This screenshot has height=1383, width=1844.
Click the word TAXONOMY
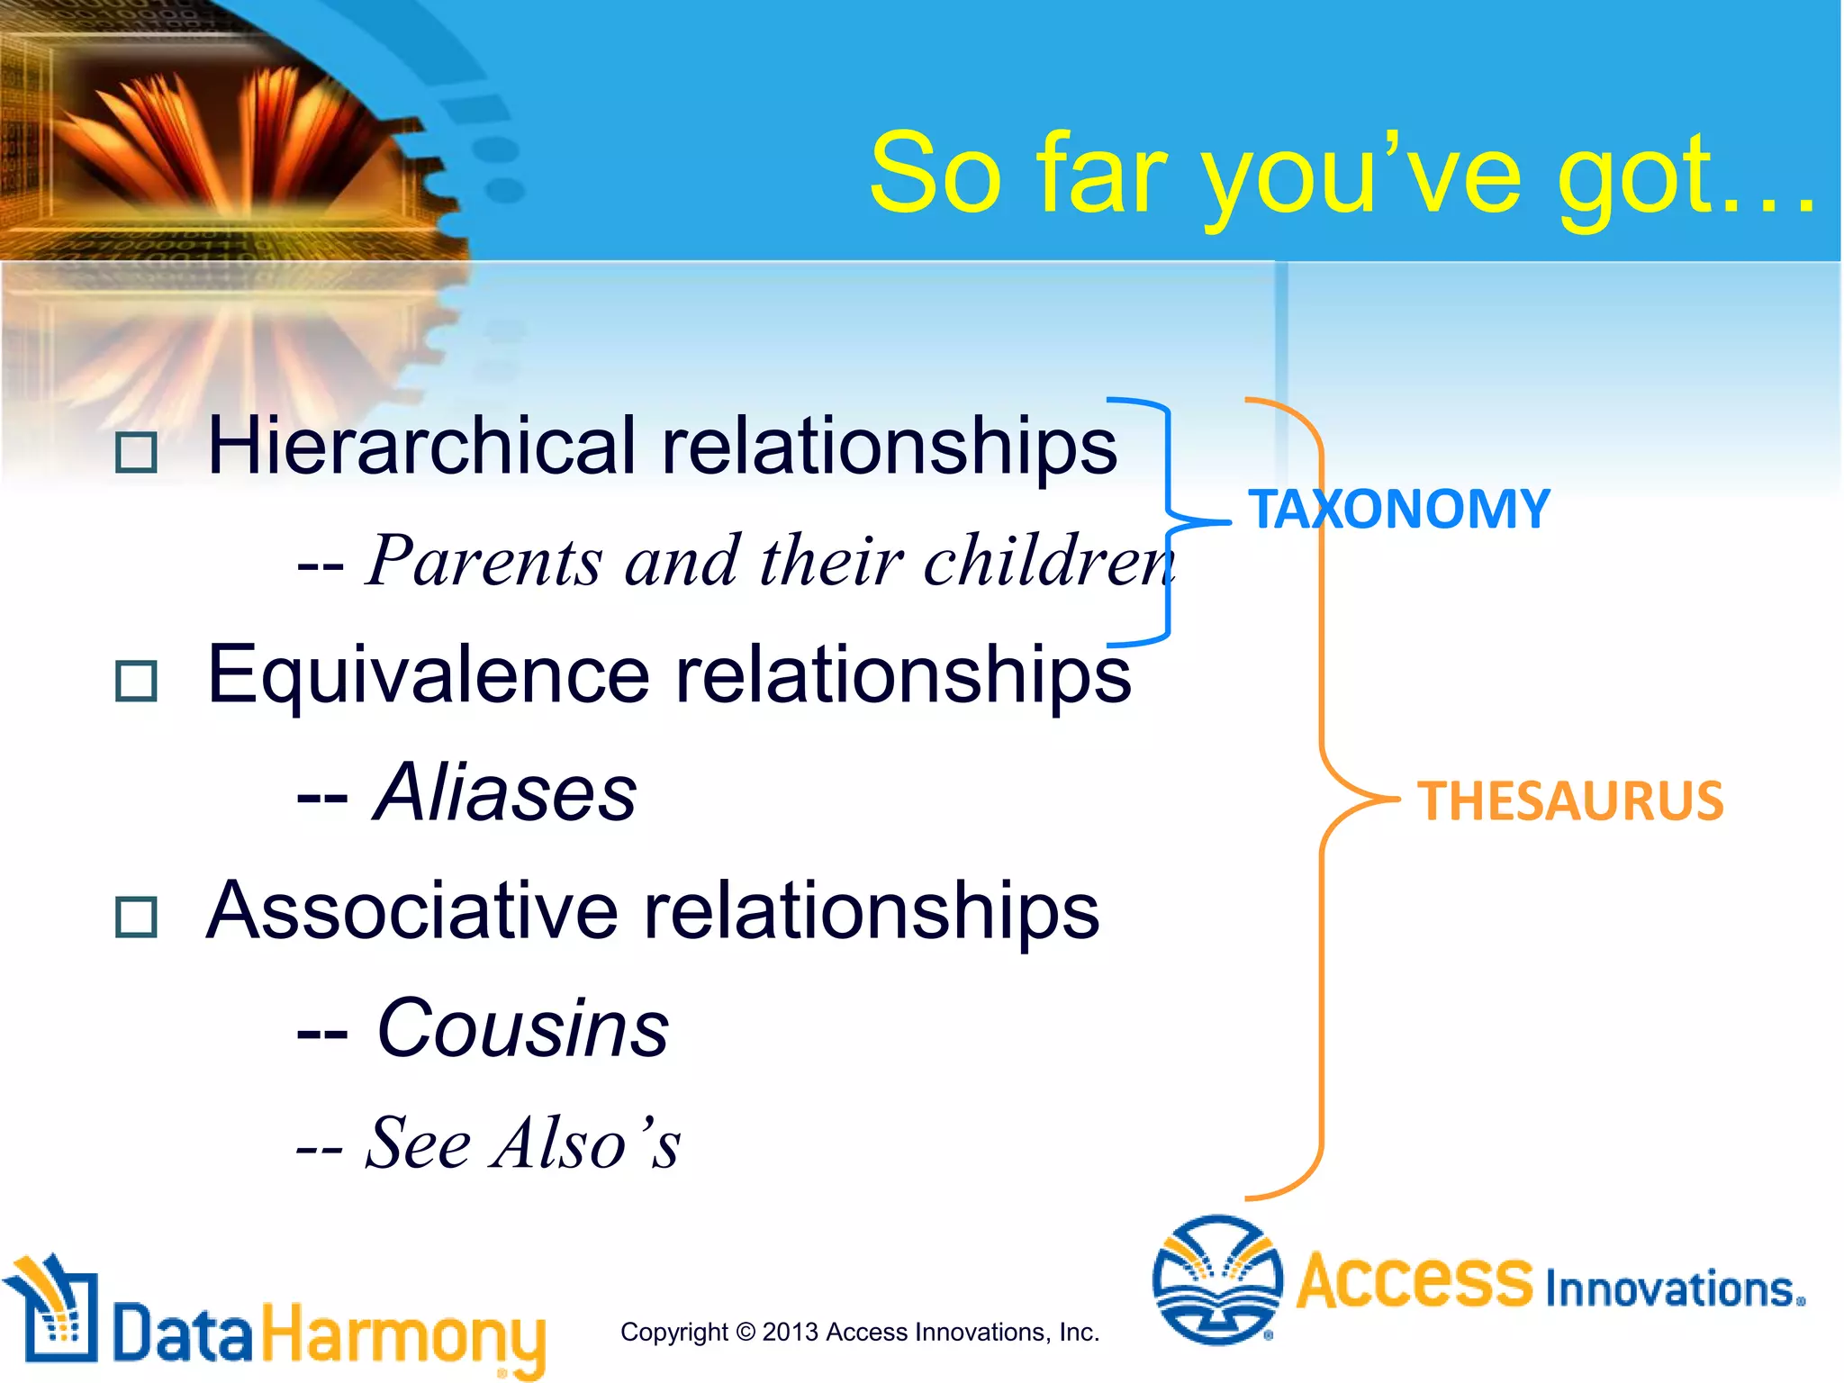coord(1398,510)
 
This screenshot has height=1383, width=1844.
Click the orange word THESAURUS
coord(1570,801)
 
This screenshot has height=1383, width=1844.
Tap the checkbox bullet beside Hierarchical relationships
coord(137,452)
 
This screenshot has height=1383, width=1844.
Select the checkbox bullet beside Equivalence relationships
coord(137,681)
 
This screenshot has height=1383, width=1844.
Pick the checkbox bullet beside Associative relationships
coord(137,917)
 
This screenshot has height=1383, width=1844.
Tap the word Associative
coord(412,911)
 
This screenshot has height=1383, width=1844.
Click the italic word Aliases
coord(506,793)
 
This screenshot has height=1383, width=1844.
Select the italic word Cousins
coord(523,1029)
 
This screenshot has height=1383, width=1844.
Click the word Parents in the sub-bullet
coord(484,562)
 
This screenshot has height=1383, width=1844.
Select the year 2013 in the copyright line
coord(790,1332)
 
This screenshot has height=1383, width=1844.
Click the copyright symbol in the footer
coord(745,1332)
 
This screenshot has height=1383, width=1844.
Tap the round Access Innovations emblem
coord(1217,1279)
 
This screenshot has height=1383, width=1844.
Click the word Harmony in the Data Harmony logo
coord(403,1336)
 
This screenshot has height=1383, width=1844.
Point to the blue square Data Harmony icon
coord(54,1310)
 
